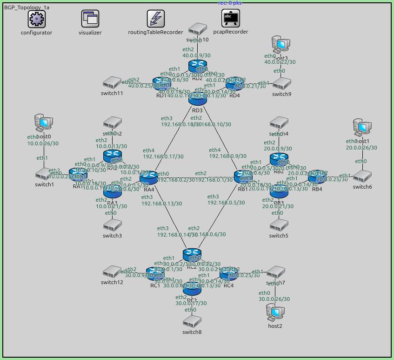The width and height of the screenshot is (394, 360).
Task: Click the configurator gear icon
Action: click(36, 19)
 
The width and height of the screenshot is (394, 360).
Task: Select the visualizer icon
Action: click(90, 19)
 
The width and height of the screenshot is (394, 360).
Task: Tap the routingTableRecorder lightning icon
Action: click(155, 19)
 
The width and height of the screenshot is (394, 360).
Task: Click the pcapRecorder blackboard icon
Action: click(230, 19)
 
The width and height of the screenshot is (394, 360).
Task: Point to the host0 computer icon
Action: click(42, 122)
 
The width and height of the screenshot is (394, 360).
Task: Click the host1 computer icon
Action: click(361, 126)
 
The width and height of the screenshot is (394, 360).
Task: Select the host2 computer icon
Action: click(275, 312)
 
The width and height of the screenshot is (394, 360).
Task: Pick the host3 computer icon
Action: click(280, 45)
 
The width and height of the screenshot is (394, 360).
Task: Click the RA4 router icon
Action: click(148, 177)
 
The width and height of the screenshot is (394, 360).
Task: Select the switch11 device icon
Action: click(112, 83)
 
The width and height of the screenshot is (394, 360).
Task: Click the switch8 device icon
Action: click(192, 321)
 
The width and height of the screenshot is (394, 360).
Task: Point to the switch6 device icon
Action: click(361, 176)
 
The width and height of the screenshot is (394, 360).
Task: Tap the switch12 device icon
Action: click(112, 271)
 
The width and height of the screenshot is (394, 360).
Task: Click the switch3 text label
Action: click(111, 236)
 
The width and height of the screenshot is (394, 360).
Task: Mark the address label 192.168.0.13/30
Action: click(161, 204)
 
